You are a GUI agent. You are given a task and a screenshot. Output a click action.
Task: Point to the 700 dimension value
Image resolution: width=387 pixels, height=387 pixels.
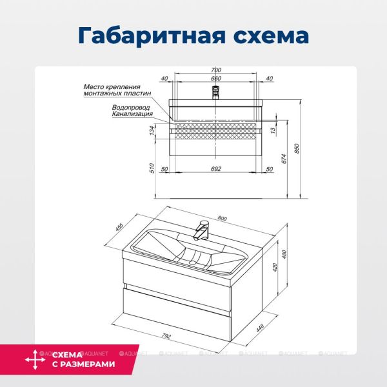pyautogui.click(x=216, y=70)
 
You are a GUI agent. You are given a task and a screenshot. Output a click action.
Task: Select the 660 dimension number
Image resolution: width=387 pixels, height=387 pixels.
pyautogui.click(x=216, y=79)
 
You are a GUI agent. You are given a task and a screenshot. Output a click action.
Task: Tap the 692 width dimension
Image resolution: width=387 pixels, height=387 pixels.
pyautogui.click(x=216, y=169)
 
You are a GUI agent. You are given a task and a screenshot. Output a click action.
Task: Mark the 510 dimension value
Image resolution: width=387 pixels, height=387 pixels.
pyautogui.click(x=153, y=169)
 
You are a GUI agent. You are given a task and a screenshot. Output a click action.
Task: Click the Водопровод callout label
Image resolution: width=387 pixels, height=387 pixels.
pyautogui.click(x=132, y=108)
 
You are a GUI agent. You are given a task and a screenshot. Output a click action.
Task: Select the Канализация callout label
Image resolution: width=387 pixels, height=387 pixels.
pyautogui.click(x=132, y=114)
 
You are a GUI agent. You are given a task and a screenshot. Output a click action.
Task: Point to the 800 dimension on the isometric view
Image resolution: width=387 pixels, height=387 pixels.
pyautogui.click(x=223, y=219)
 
